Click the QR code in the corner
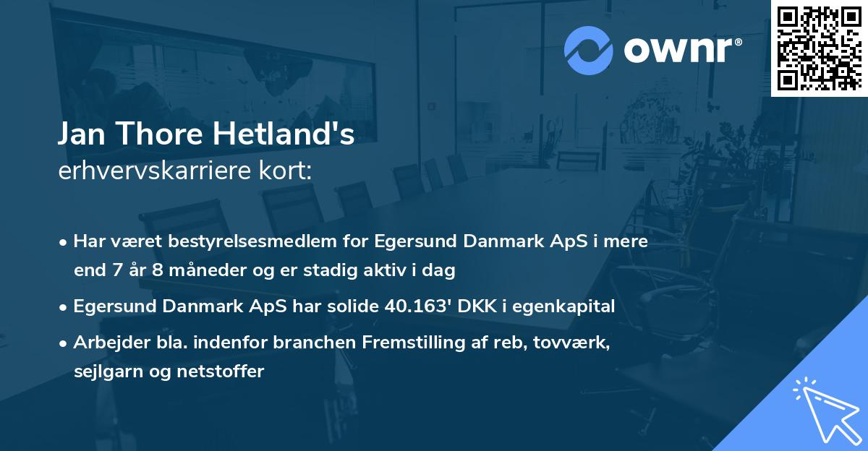coord(819,48)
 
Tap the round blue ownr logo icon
coord(588,50)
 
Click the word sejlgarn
coord(108,371)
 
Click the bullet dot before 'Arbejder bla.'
coord(64,343)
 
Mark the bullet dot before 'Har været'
coord(64,241)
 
